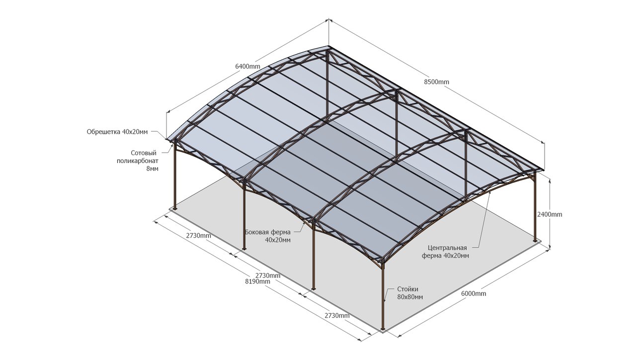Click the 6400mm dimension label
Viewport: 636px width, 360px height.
click(247, 67)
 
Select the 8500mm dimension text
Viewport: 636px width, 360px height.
click(437, 82)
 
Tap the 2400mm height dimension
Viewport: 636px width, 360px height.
click(550, 214)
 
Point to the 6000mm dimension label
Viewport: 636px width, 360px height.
click(474, 293)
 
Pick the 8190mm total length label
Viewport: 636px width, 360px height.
click(258, 281)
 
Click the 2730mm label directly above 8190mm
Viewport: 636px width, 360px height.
click(268, 275)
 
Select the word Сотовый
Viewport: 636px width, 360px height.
click(144, 153)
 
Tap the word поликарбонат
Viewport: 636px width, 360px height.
click(138, 161)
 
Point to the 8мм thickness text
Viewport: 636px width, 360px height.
click(153, 169)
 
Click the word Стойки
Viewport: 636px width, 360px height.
click(408, 289)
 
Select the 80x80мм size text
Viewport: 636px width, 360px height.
click(410, 297)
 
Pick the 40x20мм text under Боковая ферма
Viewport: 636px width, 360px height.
click(278, 240)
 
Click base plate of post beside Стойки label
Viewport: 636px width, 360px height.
click(383, 328)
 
